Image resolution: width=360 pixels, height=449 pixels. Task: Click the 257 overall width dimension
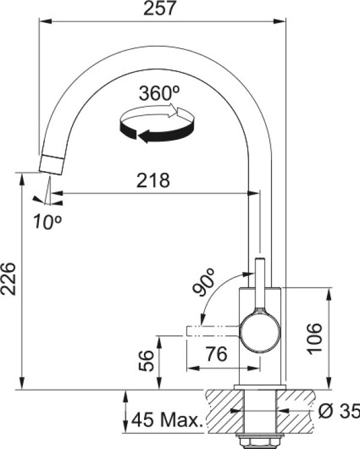(159, 8)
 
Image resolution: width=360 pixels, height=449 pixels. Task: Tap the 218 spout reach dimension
(153, 181)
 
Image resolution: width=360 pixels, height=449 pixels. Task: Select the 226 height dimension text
(8, 279)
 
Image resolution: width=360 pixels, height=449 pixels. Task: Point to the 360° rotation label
(160, 93)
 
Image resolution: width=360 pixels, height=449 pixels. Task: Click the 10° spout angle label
(47, 221)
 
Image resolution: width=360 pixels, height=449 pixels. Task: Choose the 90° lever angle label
(203, 282)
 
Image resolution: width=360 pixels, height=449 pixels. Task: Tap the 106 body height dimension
(314, 339)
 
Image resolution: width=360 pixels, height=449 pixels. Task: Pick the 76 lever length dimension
(217, 354)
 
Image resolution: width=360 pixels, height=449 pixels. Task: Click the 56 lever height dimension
(146, 361)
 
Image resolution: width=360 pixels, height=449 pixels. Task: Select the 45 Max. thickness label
(167, 420)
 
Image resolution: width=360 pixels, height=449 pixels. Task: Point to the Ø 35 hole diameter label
(339, 412)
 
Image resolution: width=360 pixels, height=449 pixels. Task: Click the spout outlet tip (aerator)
(52, 164)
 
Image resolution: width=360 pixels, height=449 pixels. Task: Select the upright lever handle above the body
(260, 283)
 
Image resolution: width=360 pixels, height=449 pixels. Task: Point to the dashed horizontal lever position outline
(212, 331)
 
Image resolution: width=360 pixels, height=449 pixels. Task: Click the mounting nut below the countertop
(260, 441)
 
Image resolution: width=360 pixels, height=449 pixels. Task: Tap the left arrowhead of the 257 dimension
(45, 21)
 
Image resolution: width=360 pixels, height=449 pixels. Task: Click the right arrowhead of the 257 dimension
(280, 21)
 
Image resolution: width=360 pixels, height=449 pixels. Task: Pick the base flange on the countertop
(260, 387)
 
